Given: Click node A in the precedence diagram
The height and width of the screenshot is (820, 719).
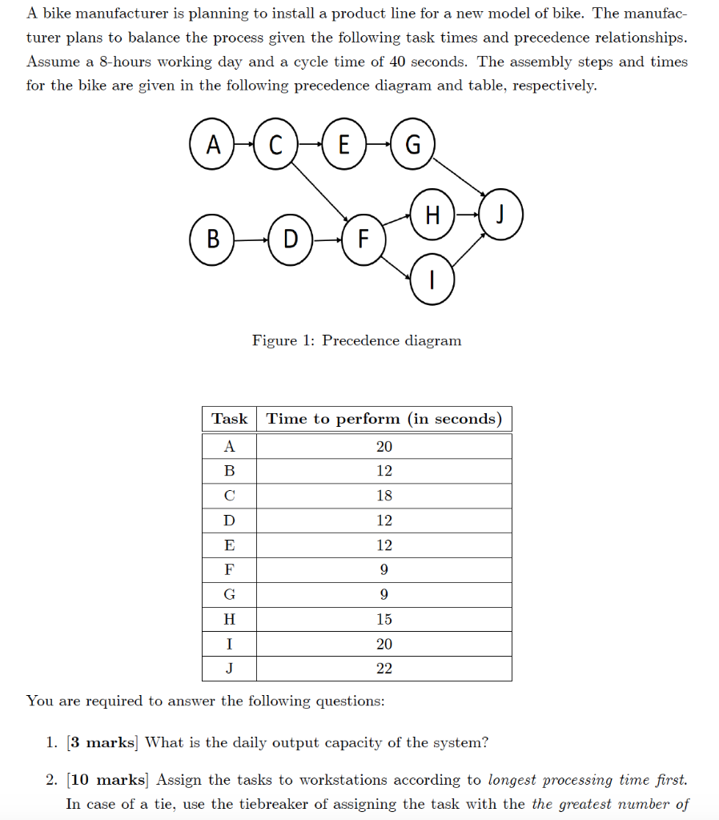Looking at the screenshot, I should pyautogui.click(x=213, y=144).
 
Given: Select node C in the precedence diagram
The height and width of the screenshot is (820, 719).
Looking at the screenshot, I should pyautogui.click(x=275, y=144).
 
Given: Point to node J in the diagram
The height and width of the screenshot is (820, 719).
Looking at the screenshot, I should pyautogui.click(x=502, y=215).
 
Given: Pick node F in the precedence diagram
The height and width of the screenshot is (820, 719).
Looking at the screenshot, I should pyautogui.click(x=363, y=239).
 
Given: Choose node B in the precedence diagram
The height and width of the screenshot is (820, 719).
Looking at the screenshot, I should pyautogui.click(x=212, y=239).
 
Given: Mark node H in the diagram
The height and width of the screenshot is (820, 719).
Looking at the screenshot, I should pyautogui.click(x=432, y=215).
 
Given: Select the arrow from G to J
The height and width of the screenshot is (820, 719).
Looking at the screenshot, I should pyautogui.click(x=460, y=175).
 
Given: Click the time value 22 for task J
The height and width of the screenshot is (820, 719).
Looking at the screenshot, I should pyautogui.click(x=384, y=669).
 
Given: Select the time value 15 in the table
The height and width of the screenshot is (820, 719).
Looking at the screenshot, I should pyautogui.click(x=384, y=619).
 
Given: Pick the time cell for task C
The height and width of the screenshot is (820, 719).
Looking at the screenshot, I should pyautogui.click(x=384, y=496).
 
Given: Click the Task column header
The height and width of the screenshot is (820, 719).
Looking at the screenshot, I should pyautogui.click(x=229, y=419).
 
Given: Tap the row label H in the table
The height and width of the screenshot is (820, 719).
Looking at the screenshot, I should pyautogui.click(x=229, y=619).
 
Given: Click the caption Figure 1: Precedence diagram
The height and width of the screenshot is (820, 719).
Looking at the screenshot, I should pyautogui.click(x=356, y=340).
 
